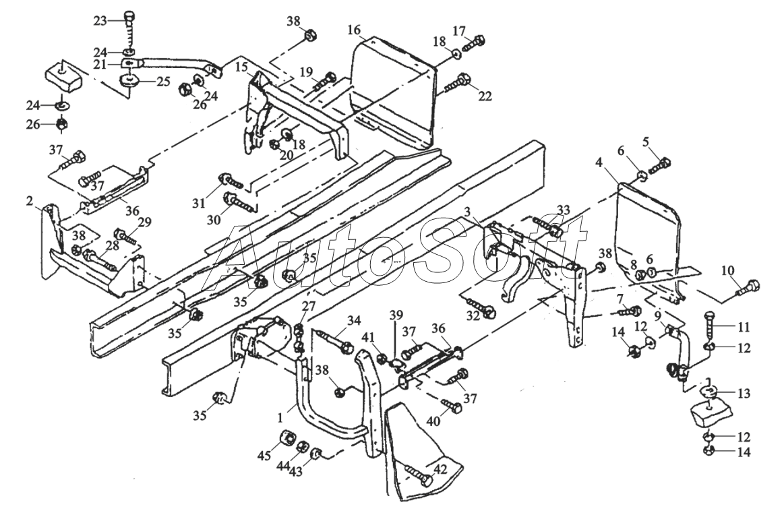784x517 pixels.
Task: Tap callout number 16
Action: tap(353, 30)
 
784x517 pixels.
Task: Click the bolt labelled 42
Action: tap(419, 475)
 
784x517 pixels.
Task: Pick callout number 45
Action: tap(264, 456)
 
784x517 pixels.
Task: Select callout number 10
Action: tap(728, 271)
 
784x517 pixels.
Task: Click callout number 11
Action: tap(744, 328)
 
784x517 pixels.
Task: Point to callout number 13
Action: tap(744, 394)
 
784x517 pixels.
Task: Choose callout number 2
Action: tap(30, 202)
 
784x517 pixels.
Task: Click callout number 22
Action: tap(485, 96)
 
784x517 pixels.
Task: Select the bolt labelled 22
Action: tap(456, 83)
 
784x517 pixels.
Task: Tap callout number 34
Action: tap(354, 320)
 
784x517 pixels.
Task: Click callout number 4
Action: tap(599, 162)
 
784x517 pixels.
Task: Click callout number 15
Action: tap(241, 67)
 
